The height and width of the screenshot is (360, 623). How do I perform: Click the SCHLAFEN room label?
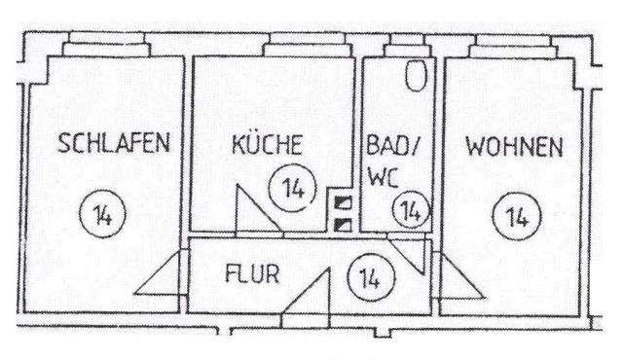[x=114, y=145]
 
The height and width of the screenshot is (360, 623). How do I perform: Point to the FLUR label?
[x=251, y=273]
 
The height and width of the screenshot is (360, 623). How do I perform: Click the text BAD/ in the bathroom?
[x=390, y=145]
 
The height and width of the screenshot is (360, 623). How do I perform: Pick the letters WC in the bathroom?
[x=380, y=179]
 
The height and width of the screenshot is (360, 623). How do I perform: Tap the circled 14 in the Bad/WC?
[x=412, y=210]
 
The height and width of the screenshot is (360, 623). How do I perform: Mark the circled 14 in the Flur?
[x=368, y=276]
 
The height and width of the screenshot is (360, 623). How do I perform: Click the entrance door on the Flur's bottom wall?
[x=306, y=296]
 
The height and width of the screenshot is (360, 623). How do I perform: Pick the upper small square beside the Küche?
[x=343, y=202]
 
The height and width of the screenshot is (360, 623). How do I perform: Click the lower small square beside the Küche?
[x=343, y=224]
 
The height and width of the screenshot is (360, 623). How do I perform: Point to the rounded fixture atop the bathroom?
[x=417, y=75]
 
